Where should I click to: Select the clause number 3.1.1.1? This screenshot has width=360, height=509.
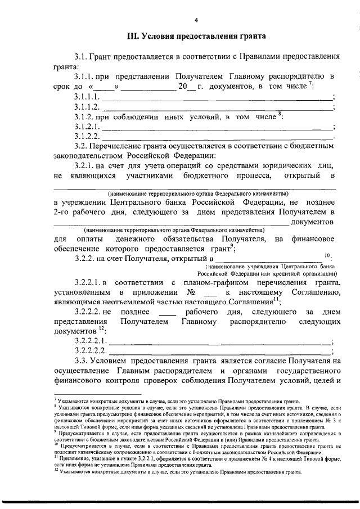point(87,97)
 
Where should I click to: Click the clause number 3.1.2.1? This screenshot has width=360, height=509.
point(87,127)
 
